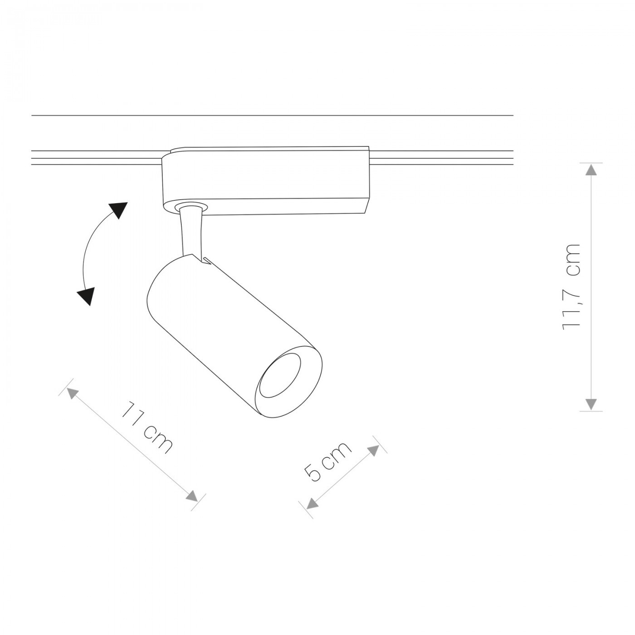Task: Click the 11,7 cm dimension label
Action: click(572, 286)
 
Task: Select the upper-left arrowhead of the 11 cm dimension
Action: click(73, 394)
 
